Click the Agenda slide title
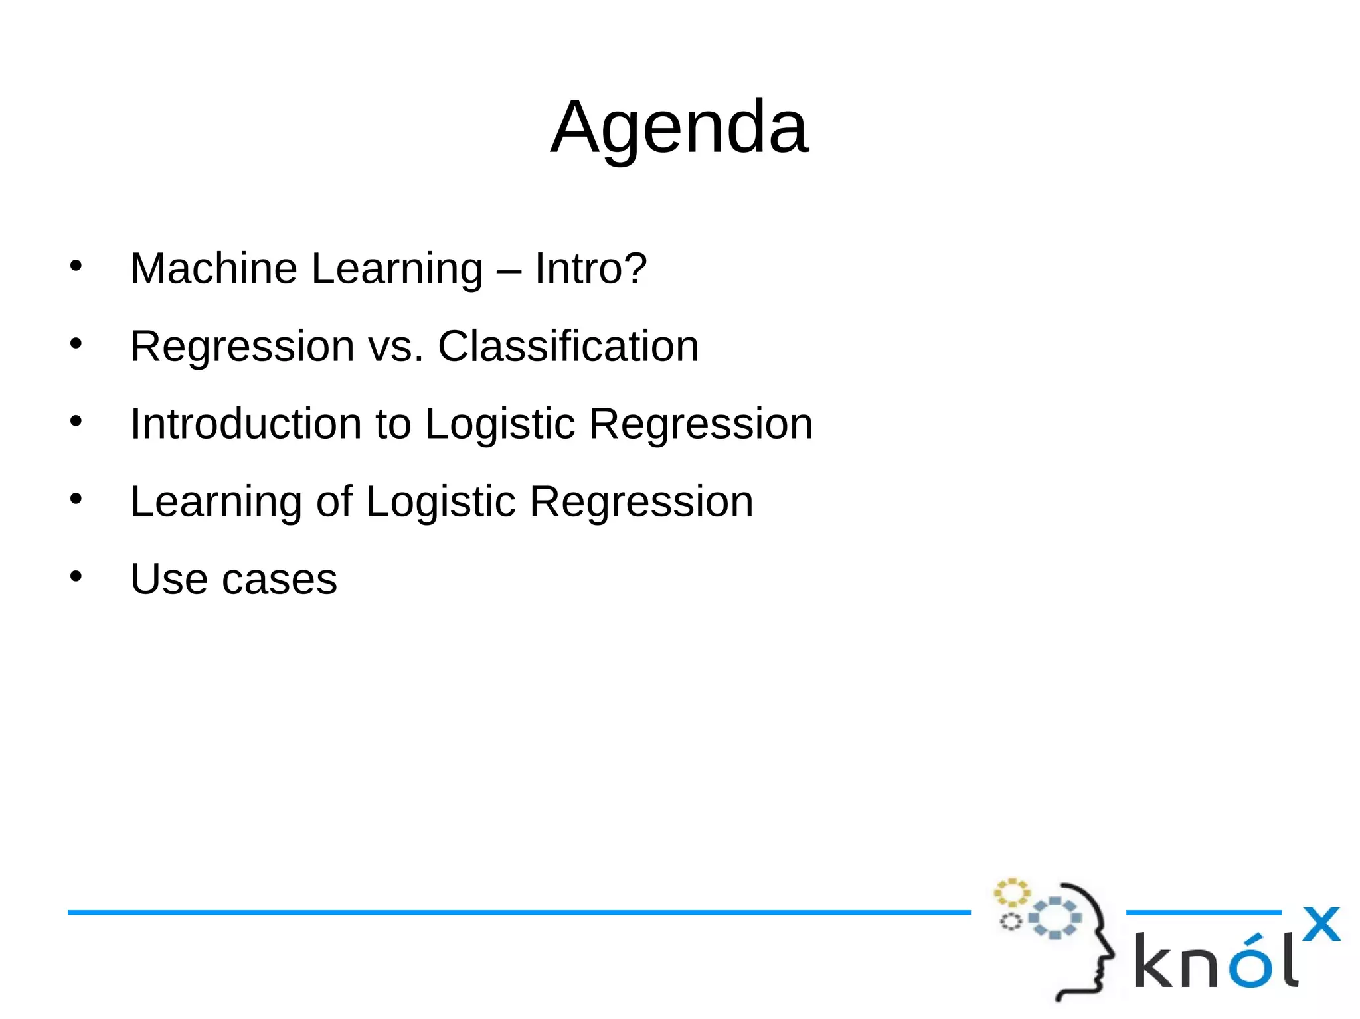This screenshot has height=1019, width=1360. [x=679, y=127]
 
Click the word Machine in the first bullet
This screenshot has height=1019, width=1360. [x=213, y=268]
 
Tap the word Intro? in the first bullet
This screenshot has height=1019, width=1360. [x=590, y=268]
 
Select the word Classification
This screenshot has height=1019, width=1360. [x=568, y=346]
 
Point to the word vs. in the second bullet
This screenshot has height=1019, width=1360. [x=396, y=347]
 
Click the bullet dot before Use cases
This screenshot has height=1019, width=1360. [x=76, y=576]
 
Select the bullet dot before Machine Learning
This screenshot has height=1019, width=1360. [x=76, y=265]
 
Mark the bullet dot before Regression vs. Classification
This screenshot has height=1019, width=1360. [x=76, y=343]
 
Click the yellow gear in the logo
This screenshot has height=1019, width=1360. [x=1011, y=893]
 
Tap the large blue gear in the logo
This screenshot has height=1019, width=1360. [x=1055, y=918]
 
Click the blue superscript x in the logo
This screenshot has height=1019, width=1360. [x=1321, y=924]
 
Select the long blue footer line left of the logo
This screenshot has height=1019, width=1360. [x=518, y=913]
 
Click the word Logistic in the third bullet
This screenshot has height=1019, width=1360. [x=499, y=424]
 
